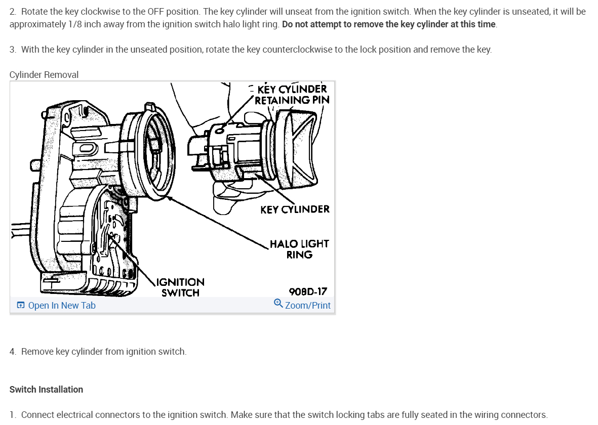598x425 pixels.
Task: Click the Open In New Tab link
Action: pos(61,306)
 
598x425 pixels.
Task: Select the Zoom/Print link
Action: pos(307,306)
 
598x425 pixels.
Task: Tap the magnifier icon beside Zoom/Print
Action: pos(278,304)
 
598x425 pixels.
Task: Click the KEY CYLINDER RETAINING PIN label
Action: pos(292,95)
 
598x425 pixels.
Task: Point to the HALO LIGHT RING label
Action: pos(299,249)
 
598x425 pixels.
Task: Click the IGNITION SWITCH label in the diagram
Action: pos(180,287)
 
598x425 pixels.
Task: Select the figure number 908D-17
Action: pos(308,291)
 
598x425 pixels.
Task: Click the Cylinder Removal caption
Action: pos(44,75)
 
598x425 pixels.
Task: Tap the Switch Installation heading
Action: pos(46,390)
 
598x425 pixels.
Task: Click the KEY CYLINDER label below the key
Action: pos(295,209)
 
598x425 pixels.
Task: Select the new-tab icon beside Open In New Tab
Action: pos(21,306)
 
